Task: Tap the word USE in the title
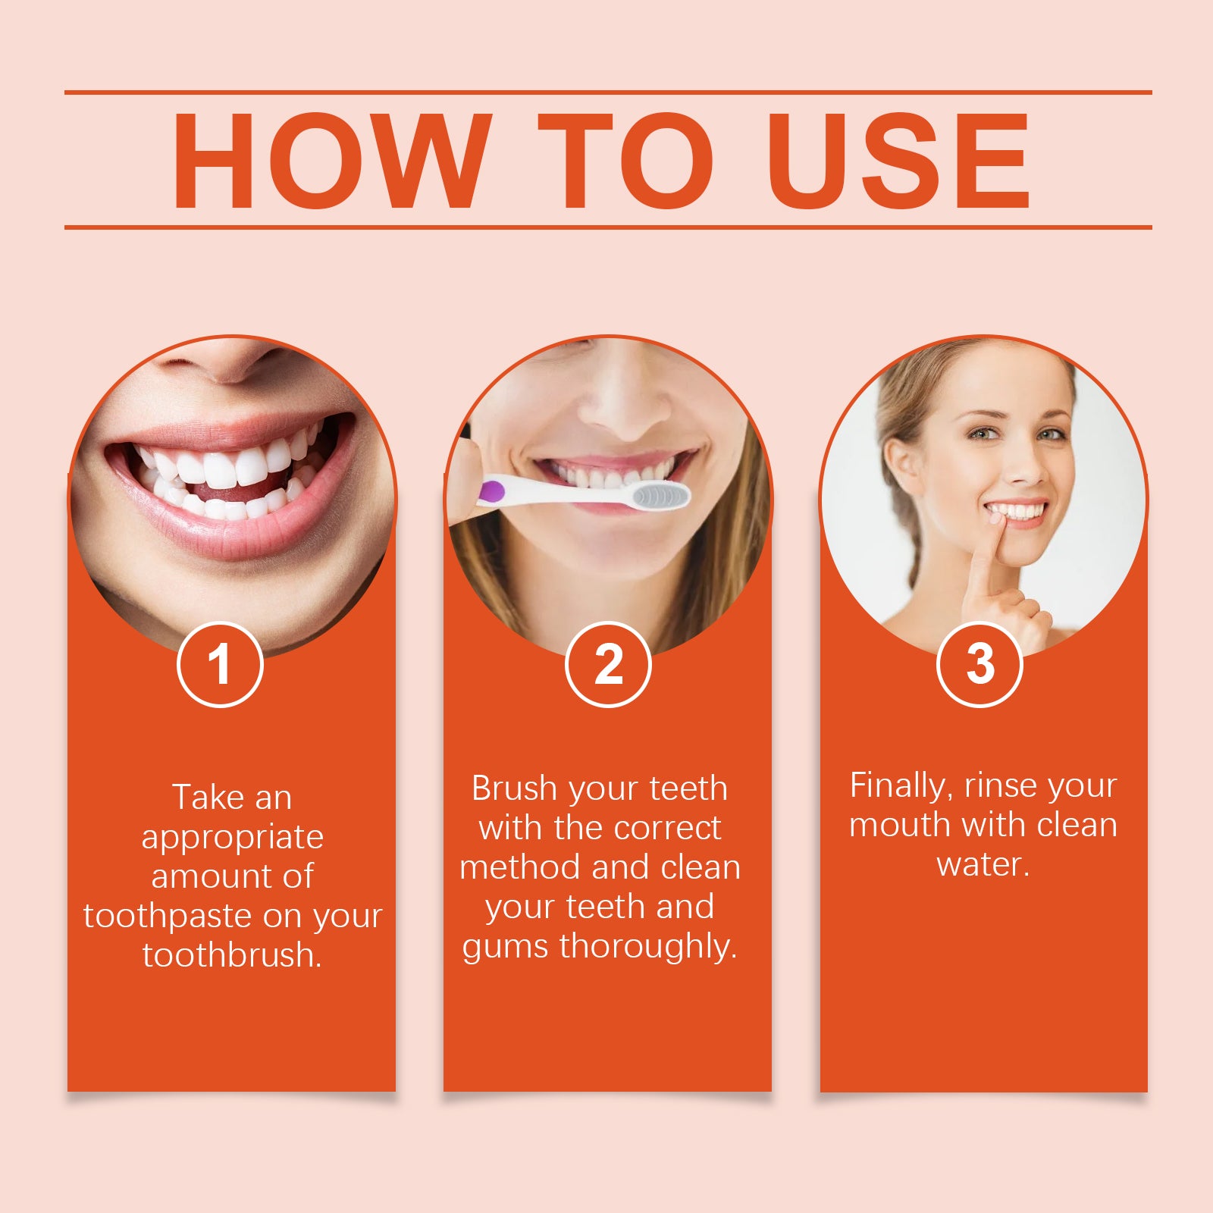pos(898,161)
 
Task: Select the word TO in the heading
pos(625,161)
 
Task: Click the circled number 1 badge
pos(220,664)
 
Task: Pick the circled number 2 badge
pos(608,664)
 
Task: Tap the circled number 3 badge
pos(980,664)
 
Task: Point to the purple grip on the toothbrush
pos(491,491)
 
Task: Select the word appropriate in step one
pos(232,838)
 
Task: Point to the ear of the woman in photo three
pos(901,464)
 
